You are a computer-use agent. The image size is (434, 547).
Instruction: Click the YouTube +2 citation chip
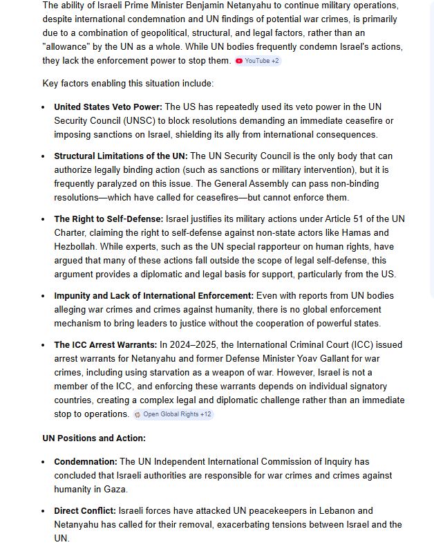[258, 61]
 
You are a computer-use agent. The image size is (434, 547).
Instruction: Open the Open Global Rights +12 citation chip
[173, 414]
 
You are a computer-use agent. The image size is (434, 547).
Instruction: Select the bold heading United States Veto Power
[108, 106]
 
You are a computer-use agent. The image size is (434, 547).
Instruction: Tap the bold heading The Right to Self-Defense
[108, 219]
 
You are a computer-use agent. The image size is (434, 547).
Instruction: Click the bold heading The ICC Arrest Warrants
[106, 344]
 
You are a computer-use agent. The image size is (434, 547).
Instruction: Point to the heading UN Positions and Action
[94, 438]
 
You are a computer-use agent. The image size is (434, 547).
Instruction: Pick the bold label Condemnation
[86, 461]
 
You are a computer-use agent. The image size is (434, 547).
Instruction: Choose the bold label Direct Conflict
[85, 510]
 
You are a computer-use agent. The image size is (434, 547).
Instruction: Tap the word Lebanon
[334, 510]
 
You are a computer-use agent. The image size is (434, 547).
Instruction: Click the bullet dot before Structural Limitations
[44, 156]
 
